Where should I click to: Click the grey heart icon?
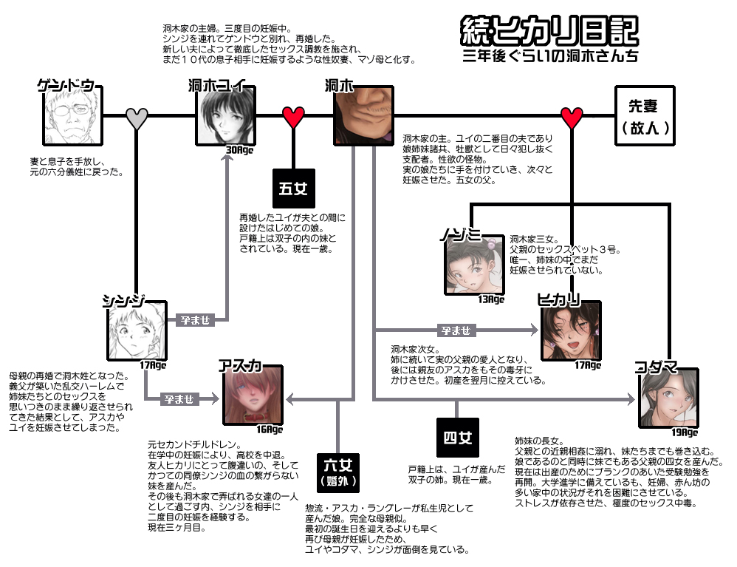pyautogui.click(x=137, y=118)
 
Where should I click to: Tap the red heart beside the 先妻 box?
pyautogui.click(x=572, y=117)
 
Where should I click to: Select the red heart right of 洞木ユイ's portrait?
pyautogui.click(x=294, y=117)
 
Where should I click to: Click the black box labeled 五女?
pyautogui.click(x=294, y=189)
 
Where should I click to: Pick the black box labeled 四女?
pyautogui.click(x=458, y=438)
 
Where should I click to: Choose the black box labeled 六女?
pyautogui.click(x=338, y=472)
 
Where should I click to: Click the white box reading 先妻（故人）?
pyautogui.click(x=645, y=116)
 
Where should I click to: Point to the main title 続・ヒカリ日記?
pyautogui.click(x=549, y=30)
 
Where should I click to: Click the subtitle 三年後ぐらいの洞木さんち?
pyautogui.click(x=550, y=55)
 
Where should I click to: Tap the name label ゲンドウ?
pyautogui.click(x=66, y=85)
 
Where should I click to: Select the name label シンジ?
pyautogui.click(x=124, y=300)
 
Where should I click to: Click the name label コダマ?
pyautogui.click(x=657, y=367)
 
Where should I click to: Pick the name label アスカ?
pyautogui.click(x=240, y=366)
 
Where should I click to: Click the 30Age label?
pyautogui.click(x=240, y=150)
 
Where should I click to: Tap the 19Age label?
pyautogui.click(x=685, y=432)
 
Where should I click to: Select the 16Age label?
pyautogui.click(x=270, y=430)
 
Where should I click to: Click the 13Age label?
pyautogui.click(x=491, y=299)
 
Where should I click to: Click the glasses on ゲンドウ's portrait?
pyautogui.click(x=70, y=111)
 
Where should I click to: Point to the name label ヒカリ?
pyautogui.click(x=559, y=299)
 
